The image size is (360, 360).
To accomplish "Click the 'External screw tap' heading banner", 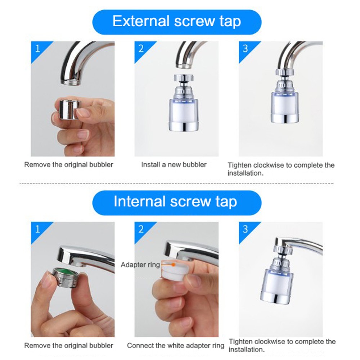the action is tap(177, 22).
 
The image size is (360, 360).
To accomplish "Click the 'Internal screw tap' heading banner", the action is tap(177, 203).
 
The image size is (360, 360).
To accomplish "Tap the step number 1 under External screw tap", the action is tap(38, 49).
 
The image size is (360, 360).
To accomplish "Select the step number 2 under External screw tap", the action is tap(141, 49).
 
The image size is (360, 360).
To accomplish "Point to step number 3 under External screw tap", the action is tap(245, 49).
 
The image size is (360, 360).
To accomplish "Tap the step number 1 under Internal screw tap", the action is tap(38, 229).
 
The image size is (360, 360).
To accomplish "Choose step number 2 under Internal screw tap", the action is tap(141, 229).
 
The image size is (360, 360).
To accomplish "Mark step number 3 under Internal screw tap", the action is tap(245, 229).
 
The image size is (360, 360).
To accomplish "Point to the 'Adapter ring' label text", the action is tap(140, 265).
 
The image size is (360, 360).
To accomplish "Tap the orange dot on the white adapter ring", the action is tap(174, 265).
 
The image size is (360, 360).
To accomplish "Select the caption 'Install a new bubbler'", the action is tap(174, 165).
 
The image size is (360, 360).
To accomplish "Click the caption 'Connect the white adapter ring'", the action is tap(175, 346).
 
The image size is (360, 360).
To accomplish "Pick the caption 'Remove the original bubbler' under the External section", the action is tap(69, 165).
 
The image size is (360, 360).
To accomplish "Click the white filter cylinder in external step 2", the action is tap(184, 111).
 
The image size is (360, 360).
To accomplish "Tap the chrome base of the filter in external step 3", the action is tap(285, 118).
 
